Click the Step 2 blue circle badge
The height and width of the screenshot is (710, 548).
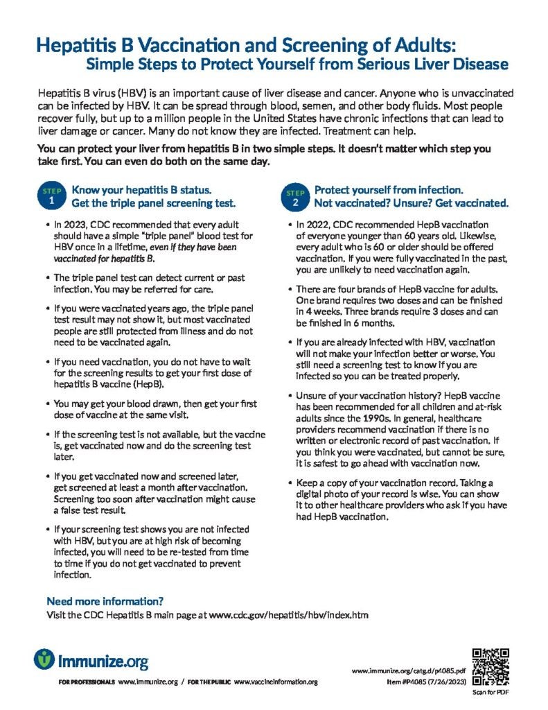[295, 196]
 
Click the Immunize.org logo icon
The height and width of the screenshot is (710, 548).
[45, 659]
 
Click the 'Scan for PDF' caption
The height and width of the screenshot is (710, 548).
[490, 691]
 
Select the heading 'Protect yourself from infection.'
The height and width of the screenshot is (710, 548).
[389, 189]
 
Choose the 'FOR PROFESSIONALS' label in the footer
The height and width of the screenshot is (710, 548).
[87, 682]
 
